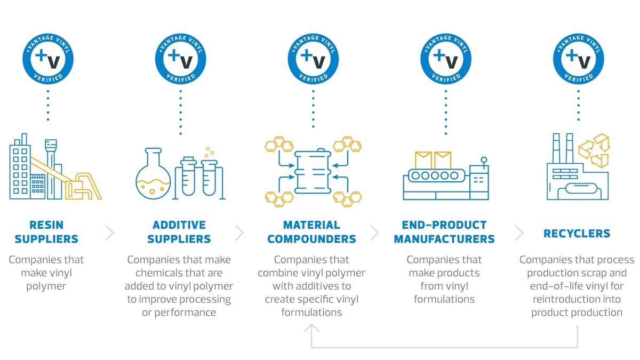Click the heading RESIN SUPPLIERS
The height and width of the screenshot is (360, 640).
click(46, 232)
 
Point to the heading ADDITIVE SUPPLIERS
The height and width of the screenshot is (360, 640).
click(179, 232)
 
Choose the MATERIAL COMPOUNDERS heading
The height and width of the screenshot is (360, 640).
click(311, 232)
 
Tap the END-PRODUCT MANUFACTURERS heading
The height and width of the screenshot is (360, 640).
click(444, 232)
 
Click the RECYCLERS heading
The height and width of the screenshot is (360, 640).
click(577, 233)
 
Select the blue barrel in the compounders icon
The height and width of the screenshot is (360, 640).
click(313, 172)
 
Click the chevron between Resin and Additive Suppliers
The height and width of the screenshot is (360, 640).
click(110, 233)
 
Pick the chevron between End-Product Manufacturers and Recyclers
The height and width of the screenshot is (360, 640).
click(519, 233)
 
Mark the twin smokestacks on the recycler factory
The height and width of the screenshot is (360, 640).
click(562, 148)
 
